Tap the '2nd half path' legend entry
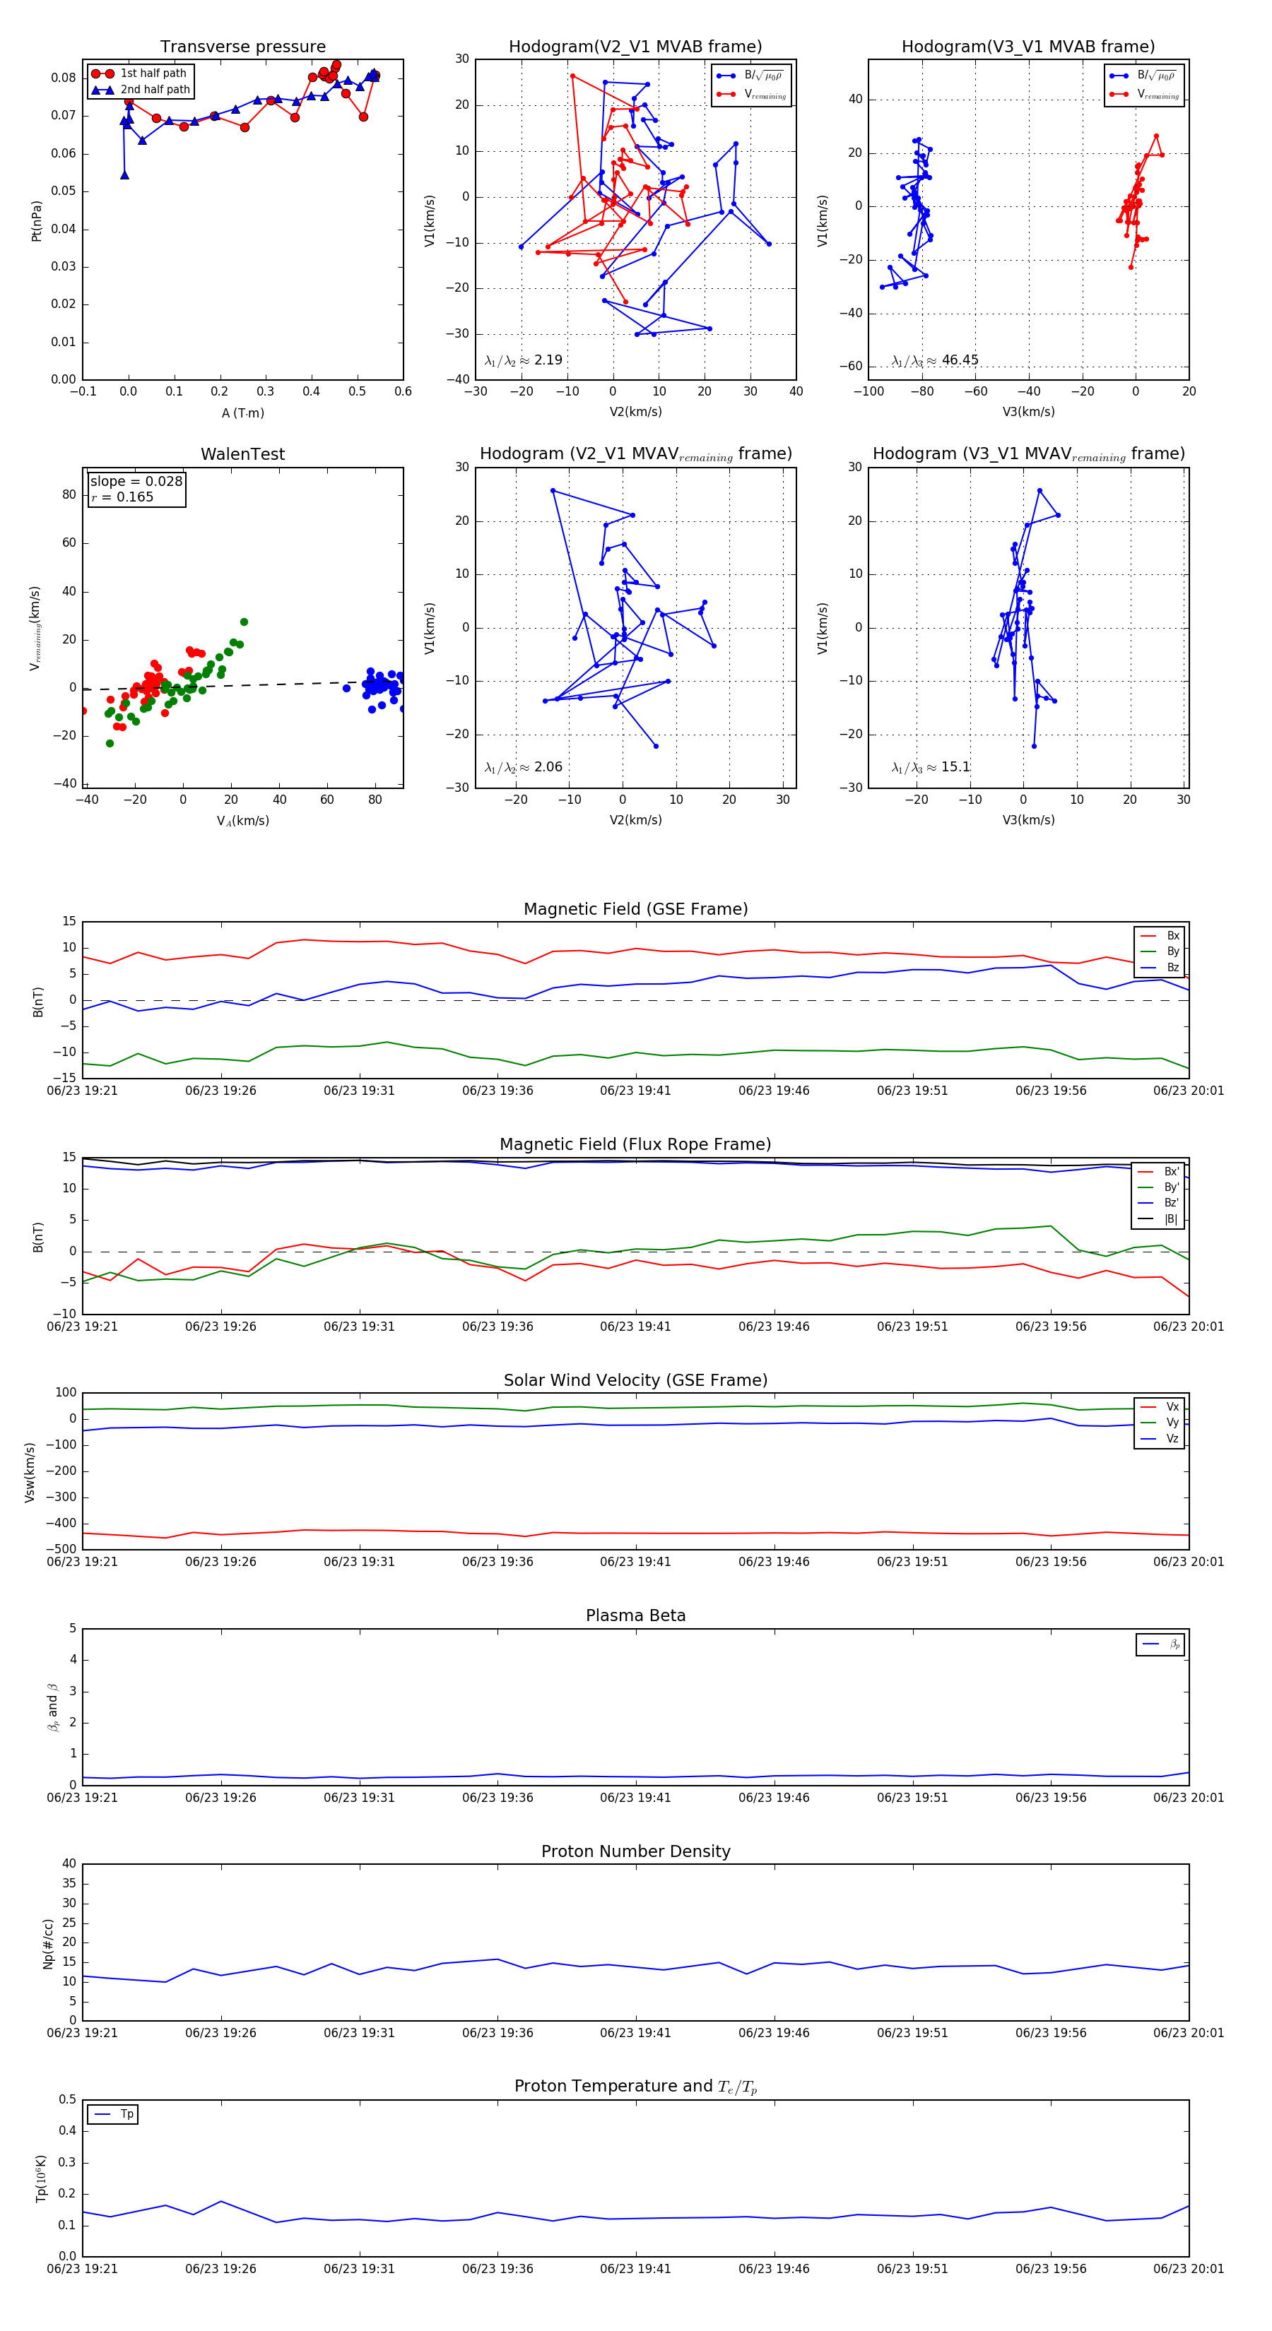pos(155,90)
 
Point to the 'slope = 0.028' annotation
pos(136,482)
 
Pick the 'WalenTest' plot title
pos(242,454)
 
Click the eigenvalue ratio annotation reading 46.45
pos(934,360)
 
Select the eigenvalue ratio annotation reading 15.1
pos(930,767)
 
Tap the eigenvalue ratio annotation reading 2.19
pos(523,360)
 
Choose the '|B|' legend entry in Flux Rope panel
pos(1171,1219)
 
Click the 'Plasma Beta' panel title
pos(635,1615)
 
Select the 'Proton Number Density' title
pos(635,1851)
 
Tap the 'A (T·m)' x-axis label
pos(242,413)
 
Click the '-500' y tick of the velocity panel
pos(61,1549)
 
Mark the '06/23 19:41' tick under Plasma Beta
pos(635,1797)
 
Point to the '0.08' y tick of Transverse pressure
pos(64,78)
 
